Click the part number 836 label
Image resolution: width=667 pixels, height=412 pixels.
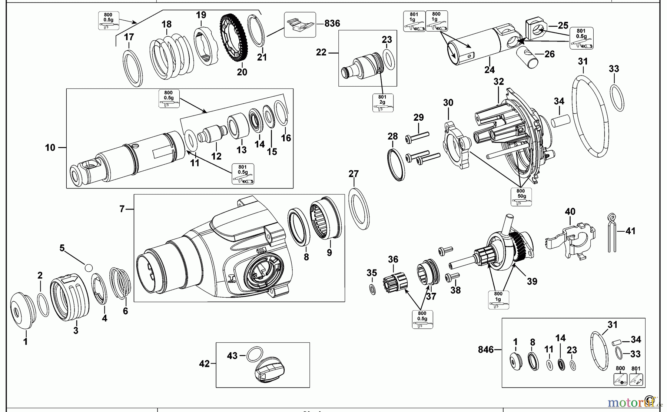332,23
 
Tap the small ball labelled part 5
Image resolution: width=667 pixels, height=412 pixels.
89,267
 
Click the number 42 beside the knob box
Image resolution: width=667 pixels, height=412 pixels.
204,364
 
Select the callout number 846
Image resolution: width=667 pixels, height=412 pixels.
485,349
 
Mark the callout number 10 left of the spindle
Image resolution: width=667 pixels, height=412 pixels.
50,148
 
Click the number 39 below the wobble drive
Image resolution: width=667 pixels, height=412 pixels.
532,281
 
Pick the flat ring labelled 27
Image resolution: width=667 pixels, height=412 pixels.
359,208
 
